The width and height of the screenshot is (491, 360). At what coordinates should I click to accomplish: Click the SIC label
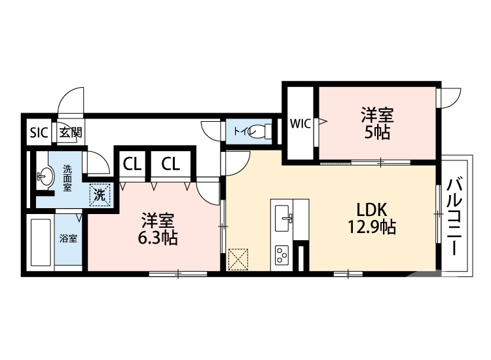point(39,132)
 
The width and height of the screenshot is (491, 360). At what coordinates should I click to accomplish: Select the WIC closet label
point(300,122)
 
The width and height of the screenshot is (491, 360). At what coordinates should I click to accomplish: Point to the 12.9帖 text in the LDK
point(371,228)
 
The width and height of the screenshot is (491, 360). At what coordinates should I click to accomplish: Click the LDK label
point(372,209)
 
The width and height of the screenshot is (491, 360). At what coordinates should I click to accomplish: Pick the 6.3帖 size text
point(157,238)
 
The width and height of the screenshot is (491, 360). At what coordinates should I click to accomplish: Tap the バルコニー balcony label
point(453,215)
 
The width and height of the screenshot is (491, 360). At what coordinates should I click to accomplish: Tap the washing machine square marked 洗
point(100,194)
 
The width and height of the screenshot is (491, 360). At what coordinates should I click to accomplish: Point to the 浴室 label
point(68,238)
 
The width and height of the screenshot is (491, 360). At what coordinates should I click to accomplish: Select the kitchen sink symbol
point(286,215)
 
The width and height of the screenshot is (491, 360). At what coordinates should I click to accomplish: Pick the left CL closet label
point(132,164)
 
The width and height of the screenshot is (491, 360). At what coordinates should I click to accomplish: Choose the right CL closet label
point(170,164)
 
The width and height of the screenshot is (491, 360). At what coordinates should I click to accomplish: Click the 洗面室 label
point(68,177)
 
